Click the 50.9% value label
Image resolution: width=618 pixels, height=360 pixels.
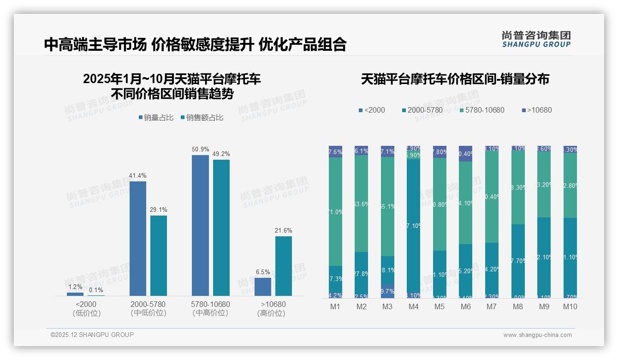pos(200,150)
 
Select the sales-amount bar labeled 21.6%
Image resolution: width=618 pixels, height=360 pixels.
pos(284,266)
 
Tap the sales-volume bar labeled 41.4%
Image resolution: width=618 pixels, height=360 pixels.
pos(138,238)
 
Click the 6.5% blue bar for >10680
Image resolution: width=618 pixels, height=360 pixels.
pos(263,287)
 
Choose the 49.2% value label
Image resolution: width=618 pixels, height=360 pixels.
pos(221,154)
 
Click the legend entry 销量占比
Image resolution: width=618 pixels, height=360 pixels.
pos(155,118)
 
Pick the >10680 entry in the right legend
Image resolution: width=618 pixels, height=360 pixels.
pos(536,110)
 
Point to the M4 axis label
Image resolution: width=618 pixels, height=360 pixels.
pos(414,307)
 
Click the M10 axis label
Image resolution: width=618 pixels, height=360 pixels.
pos(570,307)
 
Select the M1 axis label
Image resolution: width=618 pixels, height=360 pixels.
pos(335,307)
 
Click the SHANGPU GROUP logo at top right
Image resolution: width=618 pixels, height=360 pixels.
pos(536,39)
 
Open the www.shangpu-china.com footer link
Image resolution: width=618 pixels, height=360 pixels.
pos(537,335)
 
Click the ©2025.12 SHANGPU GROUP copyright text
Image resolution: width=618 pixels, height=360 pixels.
pos(92,335)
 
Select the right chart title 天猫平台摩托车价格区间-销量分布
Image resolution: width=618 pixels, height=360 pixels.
pos(455,79)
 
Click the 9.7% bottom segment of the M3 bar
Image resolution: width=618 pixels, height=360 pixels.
pos(387,291)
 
